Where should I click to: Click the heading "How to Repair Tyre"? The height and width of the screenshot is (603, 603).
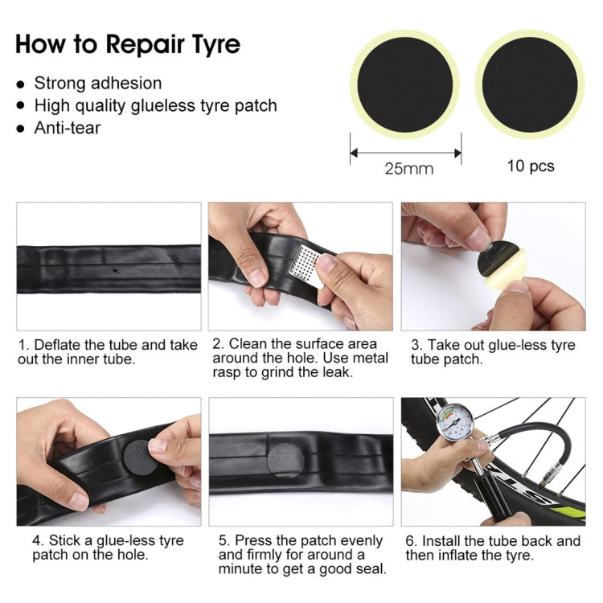click(x=128, y=43)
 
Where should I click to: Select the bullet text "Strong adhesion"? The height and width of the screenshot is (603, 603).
click(x=97, y=83)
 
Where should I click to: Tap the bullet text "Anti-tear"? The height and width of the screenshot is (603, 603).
click(x=67, y=127)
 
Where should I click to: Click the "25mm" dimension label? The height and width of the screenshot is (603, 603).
click(x=408, y=168)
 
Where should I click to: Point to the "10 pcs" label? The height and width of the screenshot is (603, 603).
click(x=531, y=166)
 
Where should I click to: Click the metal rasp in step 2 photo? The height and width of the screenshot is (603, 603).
click(x=307, y=264)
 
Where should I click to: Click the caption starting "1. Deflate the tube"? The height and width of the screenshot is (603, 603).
click(x=107, y=352)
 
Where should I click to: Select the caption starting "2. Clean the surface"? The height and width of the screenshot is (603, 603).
click(x=300, y=359)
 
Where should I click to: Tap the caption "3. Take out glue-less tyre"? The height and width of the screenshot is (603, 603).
click(x=493, y=352)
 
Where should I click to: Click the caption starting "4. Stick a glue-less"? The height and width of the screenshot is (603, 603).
click(x=108, y=548)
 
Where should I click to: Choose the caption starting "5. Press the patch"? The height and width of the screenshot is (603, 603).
click(x=300, y=555)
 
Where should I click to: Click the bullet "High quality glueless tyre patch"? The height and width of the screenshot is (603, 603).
click(x=155, y=105)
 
